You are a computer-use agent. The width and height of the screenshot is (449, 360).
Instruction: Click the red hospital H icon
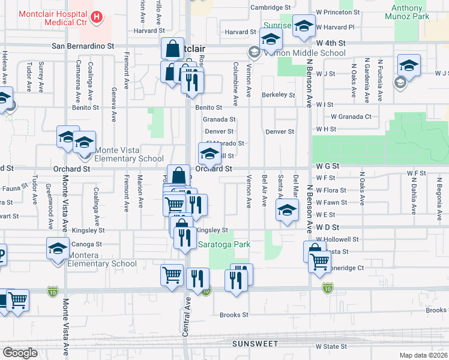96,19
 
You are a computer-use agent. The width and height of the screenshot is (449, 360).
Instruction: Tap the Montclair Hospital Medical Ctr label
44,15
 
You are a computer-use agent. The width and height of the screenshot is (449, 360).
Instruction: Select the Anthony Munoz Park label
410,12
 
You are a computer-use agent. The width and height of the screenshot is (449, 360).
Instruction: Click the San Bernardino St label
83,46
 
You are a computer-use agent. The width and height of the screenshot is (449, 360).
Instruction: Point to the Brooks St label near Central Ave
234,315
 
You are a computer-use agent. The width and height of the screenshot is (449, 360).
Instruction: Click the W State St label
331,347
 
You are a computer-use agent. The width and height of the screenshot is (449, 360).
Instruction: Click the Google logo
20,353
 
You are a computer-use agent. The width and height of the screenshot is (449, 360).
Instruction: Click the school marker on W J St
409,65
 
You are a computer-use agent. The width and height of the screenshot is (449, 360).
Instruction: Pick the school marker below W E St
287,211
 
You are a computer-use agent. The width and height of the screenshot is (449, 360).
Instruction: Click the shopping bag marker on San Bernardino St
172,49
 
